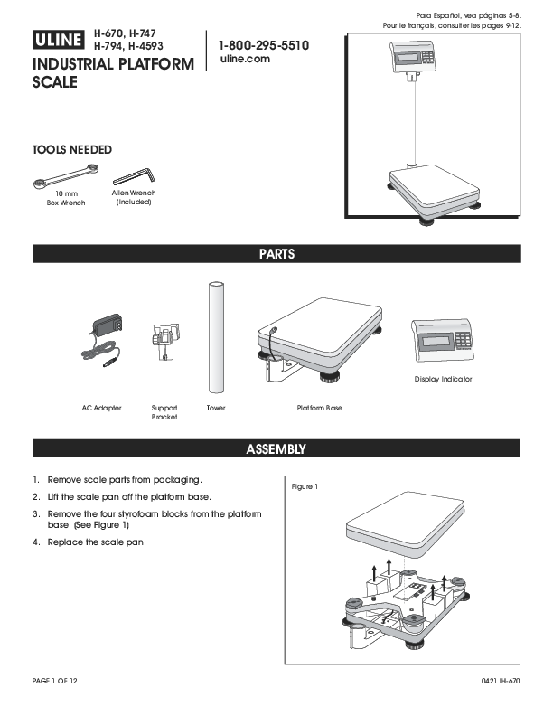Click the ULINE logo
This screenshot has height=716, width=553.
tap(61, 40)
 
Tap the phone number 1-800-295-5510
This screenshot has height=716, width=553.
tap(263, 44)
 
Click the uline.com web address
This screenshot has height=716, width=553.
tap(245, 59)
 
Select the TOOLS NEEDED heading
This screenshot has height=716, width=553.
tap(72, 149)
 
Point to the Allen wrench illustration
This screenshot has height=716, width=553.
tap(133, 176)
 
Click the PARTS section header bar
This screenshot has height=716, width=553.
tap(276, 254)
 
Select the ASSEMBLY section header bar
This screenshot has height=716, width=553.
tap(276, 448)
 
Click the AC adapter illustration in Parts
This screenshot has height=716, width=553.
tap(102, 337)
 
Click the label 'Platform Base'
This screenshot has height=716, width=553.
tap(320, 409)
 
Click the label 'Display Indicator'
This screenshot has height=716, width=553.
tap(443, 379)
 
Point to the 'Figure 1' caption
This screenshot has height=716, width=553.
tap(305, 486)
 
